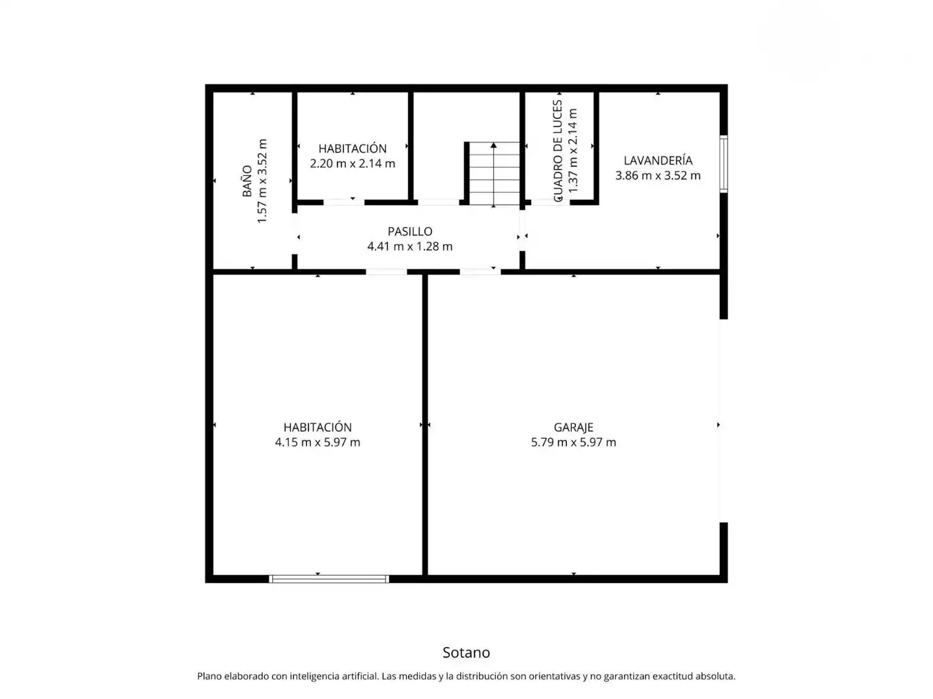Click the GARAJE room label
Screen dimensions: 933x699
click(x=573, y=427)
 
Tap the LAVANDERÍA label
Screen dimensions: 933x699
click(x=658, y=161)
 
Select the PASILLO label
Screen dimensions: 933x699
click(x=409, y=231)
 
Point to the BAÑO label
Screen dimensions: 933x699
click(x=247, y=181)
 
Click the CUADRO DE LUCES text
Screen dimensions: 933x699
click(x=558, y=151)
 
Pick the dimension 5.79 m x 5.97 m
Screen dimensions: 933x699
click(x=573, y=442)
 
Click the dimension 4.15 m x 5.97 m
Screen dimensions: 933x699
click(x=317, y=442)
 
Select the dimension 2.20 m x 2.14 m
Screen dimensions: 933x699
click(x=352, y=163)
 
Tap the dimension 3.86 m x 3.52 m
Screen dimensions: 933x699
click(x=658, y=175)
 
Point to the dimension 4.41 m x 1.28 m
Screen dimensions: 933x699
click(x=409, y=247)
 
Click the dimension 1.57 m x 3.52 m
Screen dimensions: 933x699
click(x=262, y=181)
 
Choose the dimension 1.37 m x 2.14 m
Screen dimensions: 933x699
click(x=573, y=151)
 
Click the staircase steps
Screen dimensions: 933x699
click(x=494, y=173)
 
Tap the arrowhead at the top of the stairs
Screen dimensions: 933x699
click(x=494, y=145)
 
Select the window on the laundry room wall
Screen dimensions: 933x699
click(x=724, y=164)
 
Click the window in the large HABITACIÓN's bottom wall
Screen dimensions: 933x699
click(x=329, y=579)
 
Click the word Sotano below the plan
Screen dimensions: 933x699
click(x=466, y=652)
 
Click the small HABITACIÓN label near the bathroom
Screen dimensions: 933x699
click(x=352, y=149)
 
